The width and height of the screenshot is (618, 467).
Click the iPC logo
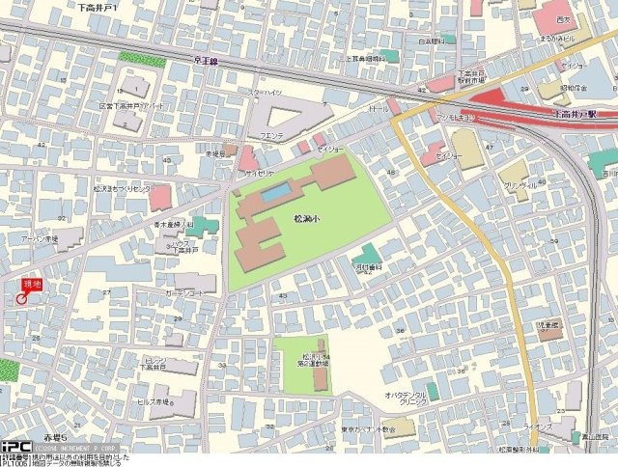pyautogui.click(x=14, y=446)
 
